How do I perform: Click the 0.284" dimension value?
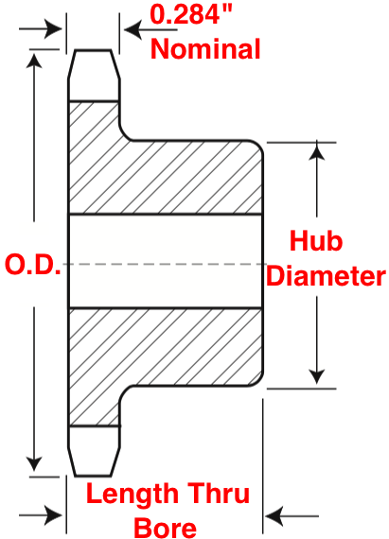pos(191,14)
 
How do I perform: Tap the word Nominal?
pos(205,49)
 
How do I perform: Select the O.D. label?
pos(33,265)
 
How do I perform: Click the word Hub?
pos(316,240)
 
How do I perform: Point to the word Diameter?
pos(326,276)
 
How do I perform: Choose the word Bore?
pos(165,527)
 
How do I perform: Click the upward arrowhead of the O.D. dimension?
pos(34,61)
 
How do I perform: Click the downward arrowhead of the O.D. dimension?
pos(34,464)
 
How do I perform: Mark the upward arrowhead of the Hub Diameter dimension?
pos(316,152)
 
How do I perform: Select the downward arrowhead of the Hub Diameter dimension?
pos(316,376)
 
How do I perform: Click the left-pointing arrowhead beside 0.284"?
pos(133,29)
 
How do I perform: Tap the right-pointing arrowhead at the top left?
pos(53,29)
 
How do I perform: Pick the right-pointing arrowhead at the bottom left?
pos(53,515)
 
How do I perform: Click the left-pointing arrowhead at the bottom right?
pos(274,516)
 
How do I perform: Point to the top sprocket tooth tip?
pos(93,50)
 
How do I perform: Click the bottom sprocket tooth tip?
pos(93,476)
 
